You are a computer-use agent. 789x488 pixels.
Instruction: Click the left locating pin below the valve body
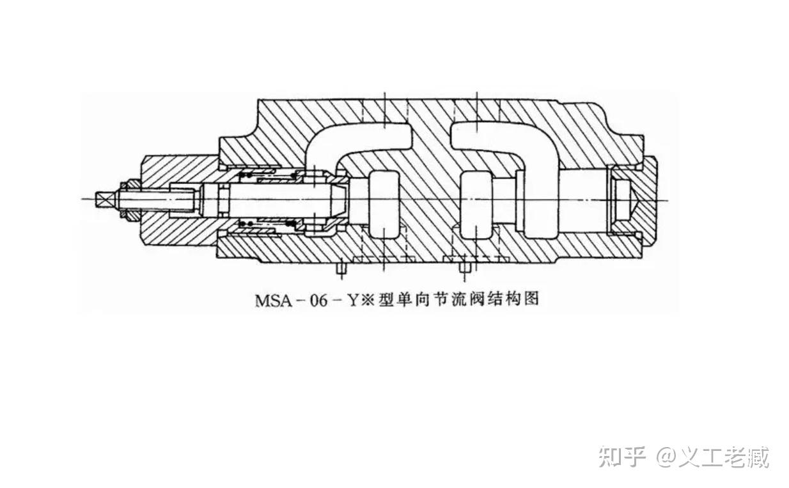[343, 269]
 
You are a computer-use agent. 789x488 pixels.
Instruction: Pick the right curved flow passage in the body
[505, 144]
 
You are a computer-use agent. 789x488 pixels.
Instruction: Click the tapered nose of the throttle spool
[339, 199]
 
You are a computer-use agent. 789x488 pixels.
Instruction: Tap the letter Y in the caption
[352, 299]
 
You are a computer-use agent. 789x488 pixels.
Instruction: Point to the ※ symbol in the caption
[366, 299]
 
